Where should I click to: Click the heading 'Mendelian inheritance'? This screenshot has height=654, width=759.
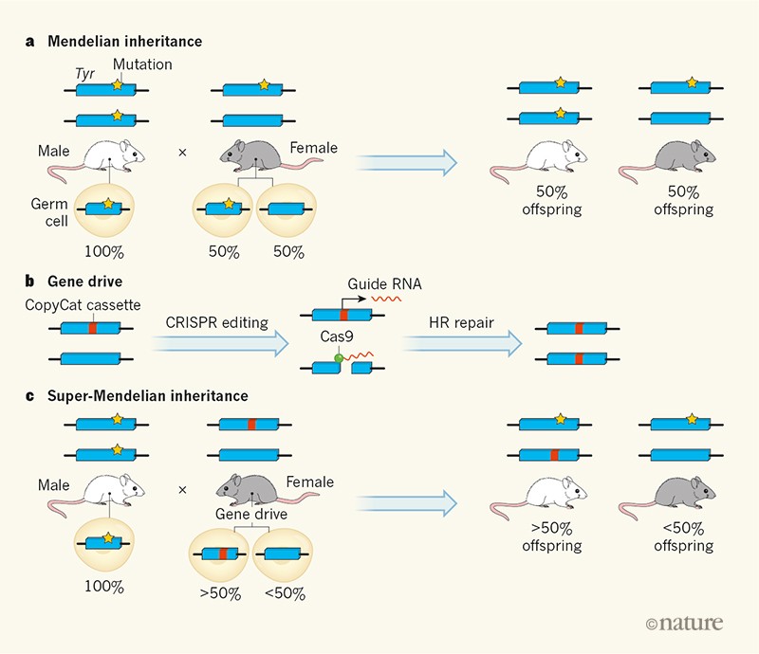coord(129,42)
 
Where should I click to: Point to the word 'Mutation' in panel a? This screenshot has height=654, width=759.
coord(143,64)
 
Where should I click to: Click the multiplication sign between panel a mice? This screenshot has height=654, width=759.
coord(183,150)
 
